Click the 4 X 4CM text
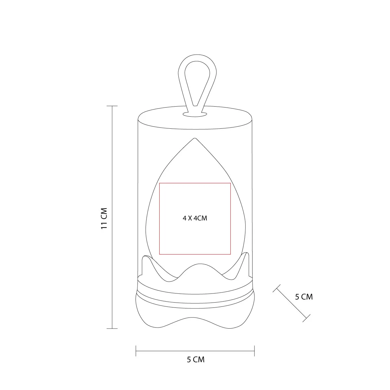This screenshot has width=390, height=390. coord(195,218)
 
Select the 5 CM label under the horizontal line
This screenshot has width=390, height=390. coord(196,360)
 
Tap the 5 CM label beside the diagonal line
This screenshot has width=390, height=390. coord(304,297)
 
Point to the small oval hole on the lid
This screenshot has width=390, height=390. coord(195,114)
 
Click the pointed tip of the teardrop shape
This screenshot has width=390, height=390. coord(195,138)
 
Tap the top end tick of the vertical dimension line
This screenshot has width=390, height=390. coord(112,106)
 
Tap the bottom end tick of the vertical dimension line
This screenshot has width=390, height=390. coord(112,329)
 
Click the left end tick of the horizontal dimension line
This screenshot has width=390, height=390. coord(136,351)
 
